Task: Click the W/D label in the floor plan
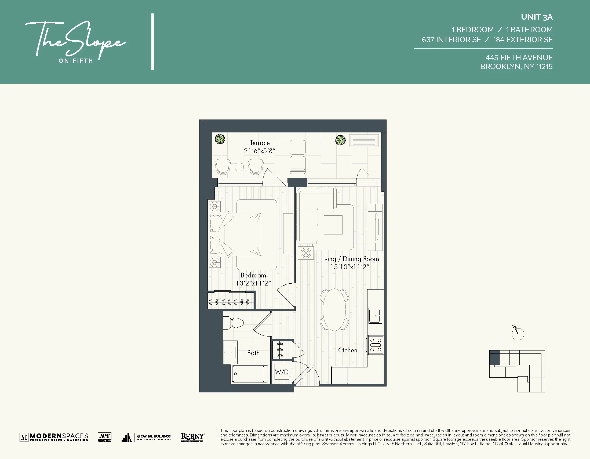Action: tap(282, 372)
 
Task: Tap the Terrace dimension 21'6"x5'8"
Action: tap(259, 151)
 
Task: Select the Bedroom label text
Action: tap(253, 275)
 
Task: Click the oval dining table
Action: tap(334, 310)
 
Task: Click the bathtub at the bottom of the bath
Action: tap(248, 374)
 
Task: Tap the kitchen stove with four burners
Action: tap(376, 345)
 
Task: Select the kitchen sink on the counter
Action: tap(376, 316)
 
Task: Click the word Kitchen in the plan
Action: tap(347, 350)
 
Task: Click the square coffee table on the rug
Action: tap(333, 225)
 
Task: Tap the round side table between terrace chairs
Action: tap(239, 167)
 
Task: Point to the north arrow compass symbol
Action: tap(517, 334)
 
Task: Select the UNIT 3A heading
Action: tap(537, 17)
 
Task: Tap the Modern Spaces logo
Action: tap(54, 437)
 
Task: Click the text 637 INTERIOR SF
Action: tap(451, 40)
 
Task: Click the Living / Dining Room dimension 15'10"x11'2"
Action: tap(349, 267)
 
